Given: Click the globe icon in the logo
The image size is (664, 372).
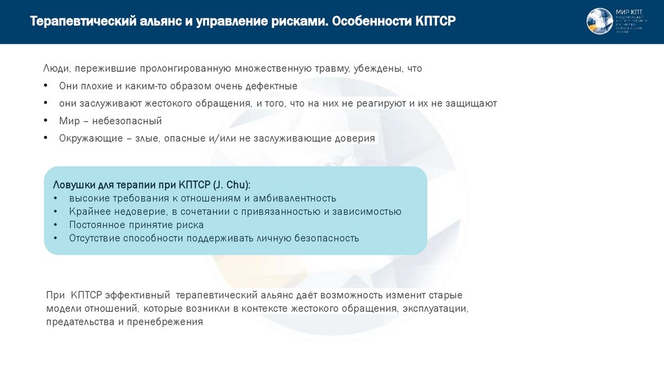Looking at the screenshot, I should pos(600,21).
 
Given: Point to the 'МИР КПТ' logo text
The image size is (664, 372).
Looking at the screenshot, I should pos(627,12).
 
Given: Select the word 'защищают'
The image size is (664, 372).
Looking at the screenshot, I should pos(471,103).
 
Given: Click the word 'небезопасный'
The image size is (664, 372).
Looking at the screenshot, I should pos(131,121).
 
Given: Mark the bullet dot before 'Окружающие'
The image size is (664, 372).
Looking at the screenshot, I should pos(46,138).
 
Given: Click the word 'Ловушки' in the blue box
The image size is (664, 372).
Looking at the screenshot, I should pos(73,185).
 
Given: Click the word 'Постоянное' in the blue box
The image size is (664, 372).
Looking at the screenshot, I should pos(95,225).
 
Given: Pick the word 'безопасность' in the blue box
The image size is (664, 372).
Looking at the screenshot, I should pos(327,238).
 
